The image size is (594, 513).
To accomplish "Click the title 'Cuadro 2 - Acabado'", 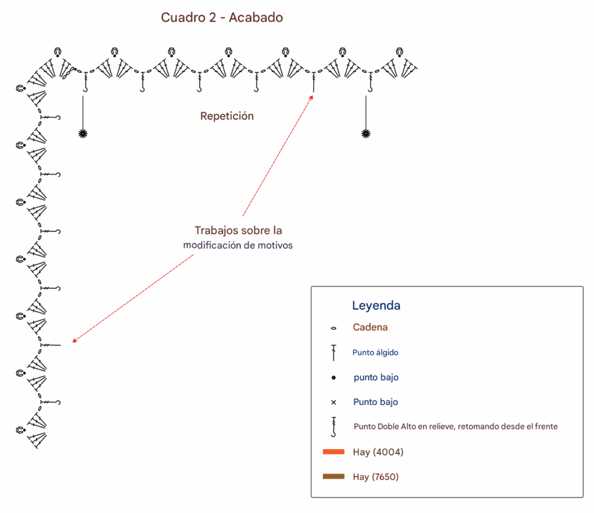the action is [x=222, y=17].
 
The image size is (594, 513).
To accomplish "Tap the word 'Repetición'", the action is [x=227, y=116].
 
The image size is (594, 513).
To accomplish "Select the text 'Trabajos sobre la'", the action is [x=238, y=230].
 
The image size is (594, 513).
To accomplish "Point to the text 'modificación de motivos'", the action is [x=238, y=245].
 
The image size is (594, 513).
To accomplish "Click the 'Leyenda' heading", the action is [x=376, y=305].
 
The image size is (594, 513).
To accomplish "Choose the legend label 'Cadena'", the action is [x=370, y=327].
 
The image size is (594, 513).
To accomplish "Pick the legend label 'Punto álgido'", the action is [x=375, y=352].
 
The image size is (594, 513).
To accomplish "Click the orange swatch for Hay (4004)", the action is [x=334, y=451].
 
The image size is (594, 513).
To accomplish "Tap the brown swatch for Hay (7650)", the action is [x=334, y=476].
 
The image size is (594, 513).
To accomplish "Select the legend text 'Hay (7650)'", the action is [x=375, y=476].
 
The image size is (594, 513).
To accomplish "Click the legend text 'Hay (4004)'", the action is [x=378, y=452].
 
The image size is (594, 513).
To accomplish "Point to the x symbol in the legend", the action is [x=334, y=402].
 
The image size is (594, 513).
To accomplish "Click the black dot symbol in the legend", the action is [x=334, y=377].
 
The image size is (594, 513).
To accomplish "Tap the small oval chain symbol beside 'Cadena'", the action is [x=334, y=328].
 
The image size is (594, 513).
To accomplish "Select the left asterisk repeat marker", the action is [x=83, y=133].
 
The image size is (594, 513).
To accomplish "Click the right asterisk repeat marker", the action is [x=365, y=133].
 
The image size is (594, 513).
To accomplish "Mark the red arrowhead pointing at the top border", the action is [x=312, y=97].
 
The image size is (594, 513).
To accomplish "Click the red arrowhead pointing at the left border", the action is [x=75, y=340].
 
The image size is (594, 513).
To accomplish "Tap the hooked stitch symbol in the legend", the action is [x=334, y=427].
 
